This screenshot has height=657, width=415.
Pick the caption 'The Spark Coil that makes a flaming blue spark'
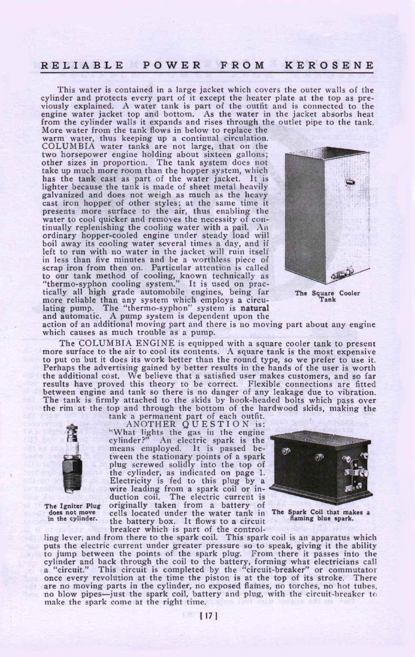[x=321, y=515]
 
